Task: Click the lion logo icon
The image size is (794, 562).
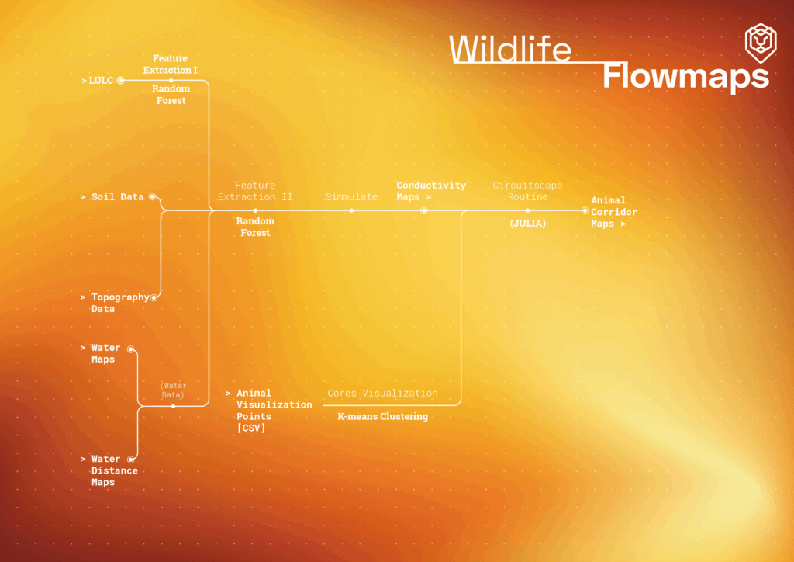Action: pos(760,43)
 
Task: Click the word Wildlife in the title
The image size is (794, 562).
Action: pos(510,50)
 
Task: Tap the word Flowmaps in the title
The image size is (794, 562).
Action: pos(685,77)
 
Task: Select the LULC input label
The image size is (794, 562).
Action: pos(101,80)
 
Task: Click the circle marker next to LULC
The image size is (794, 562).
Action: pos(120,80)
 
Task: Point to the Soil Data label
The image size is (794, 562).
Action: pos(117,197)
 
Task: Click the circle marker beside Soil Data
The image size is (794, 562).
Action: pos(152,197)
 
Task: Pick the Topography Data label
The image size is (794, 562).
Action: pos(119,303)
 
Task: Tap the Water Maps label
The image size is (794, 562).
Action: pos(105,353)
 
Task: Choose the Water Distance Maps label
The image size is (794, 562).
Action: pos(114,470)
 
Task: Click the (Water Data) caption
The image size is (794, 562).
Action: pos(173,390)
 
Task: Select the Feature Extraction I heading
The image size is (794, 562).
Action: pos(171,64)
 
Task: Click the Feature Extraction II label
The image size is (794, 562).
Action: pos(255,191)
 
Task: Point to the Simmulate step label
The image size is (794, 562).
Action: pos(351,197)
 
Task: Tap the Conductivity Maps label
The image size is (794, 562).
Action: pos(431,191)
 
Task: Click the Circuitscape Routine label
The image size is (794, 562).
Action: pos(527,191)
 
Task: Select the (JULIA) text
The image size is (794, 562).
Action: pos(528,224)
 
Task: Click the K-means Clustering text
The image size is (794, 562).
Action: pos(382,417)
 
